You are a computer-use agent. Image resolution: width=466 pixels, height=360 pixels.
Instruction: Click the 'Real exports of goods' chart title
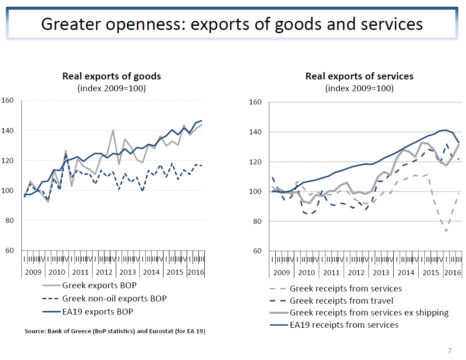(111, 76)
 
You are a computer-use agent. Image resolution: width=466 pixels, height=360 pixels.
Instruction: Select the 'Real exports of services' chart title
(359, 76)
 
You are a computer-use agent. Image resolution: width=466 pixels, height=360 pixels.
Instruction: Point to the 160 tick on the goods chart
(8, 100)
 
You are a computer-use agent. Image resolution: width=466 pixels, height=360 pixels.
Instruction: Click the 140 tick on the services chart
(256, 132)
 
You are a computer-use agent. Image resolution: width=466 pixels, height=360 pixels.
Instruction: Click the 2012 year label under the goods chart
(104, 272)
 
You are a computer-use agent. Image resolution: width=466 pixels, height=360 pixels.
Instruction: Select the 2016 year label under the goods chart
(196, 272)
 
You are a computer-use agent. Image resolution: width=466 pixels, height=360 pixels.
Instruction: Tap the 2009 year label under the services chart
(282, 272)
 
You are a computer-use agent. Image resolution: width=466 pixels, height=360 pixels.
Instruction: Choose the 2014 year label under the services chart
(406, 272)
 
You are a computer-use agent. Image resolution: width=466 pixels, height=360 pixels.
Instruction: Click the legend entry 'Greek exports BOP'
(99, 286)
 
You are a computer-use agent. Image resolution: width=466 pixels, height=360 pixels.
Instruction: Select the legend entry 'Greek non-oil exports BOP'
(114, 299)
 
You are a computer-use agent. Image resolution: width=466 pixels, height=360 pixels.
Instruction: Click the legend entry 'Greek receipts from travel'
(341, 301)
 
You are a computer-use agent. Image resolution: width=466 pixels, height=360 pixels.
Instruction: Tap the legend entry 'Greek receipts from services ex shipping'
(369, 313)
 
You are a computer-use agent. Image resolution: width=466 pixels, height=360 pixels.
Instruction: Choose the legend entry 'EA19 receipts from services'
(344, 325)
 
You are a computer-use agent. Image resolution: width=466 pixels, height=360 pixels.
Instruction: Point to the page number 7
(450, 350)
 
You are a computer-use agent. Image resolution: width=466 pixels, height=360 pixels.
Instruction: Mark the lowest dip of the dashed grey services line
(446, 231)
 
